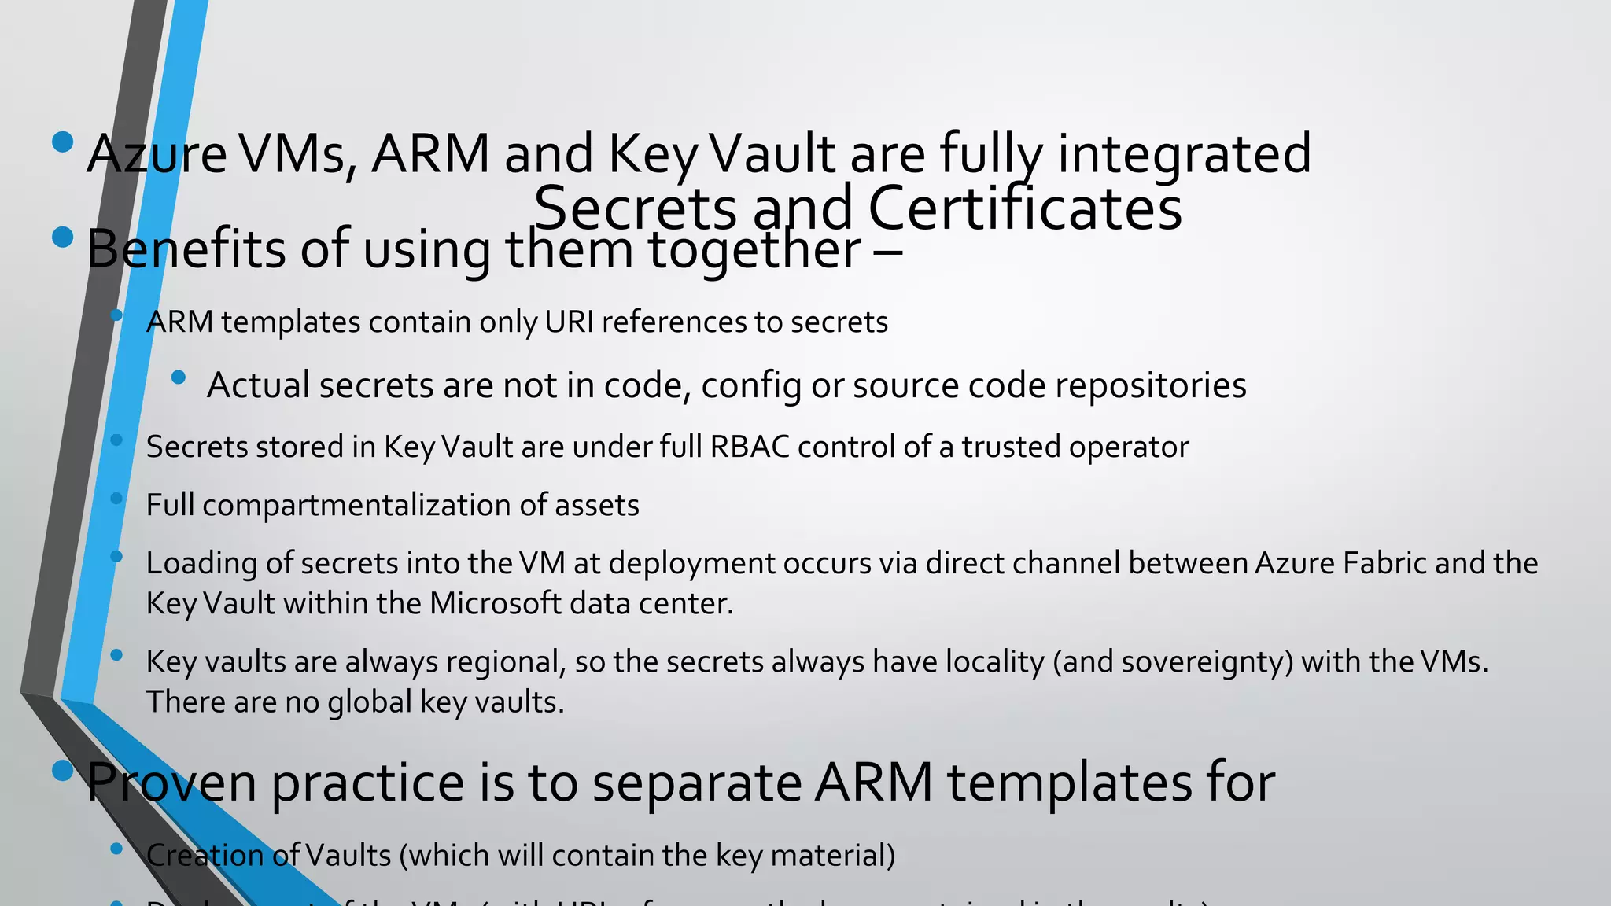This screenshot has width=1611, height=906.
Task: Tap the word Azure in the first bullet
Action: click(x=157, y=154)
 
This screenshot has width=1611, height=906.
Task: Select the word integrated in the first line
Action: click(x=1184, y=154)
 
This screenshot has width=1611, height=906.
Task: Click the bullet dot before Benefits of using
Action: click(x=62, y=237)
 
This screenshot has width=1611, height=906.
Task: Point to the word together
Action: click(x=754, y=249)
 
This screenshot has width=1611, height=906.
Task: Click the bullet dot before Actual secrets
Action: click(x=179, y=377)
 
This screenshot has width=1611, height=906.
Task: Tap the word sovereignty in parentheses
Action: click(x=1207, y=662)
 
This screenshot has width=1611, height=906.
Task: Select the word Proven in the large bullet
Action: click(x=172, y=783)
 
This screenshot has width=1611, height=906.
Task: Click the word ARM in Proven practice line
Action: click(x=873, y=783)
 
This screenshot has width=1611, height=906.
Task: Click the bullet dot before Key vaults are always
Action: click(x=116, y=654)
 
